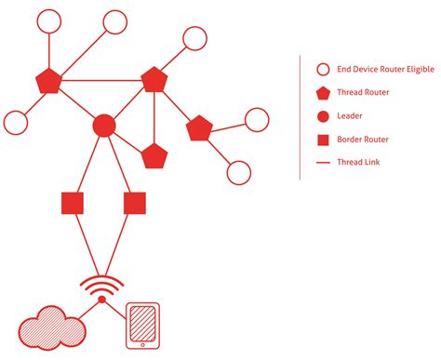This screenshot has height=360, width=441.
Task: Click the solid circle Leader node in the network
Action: [105, 125]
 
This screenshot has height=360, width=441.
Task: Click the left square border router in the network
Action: [73, 202]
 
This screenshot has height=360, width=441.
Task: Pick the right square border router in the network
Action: [134, 202]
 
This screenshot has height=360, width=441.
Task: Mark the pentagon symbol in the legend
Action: [323, 92]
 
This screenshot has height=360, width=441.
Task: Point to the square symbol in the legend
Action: [323, 140]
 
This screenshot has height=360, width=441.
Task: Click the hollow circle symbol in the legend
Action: [323, 69]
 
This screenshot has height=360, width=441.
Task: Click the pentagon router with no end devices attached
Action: [154, 156]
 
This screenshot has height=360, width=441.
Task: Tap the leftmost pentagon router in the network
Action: [47, 82]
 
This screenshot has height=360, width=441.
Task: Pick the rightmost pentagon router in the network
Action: [199, 128]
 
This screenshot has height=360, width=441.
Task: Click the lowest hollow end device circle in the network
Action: [239, 172]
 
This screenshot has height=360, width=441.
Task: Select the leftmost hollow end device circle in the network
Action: [16, 122]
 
